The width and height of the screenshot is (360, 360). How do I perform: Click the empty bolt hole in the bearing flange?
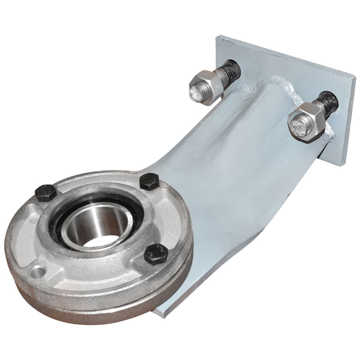(x=38, y=271)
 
